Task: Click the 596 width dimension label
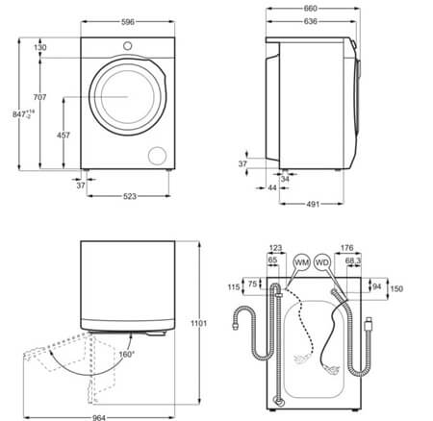coord(128,22)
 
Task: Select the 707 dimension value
coord(40,97)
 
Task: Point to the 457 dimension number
coord(64,136)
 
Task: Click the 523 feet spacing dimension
coord(130,196)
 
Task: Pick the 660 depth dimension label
coord(311,9)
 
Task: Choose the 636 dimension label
coord(311,21)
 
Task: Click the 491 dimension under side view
coord(313,204)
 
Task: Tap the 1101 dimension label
coord(199,323)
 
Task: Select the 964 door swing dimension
coord(99,417)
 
